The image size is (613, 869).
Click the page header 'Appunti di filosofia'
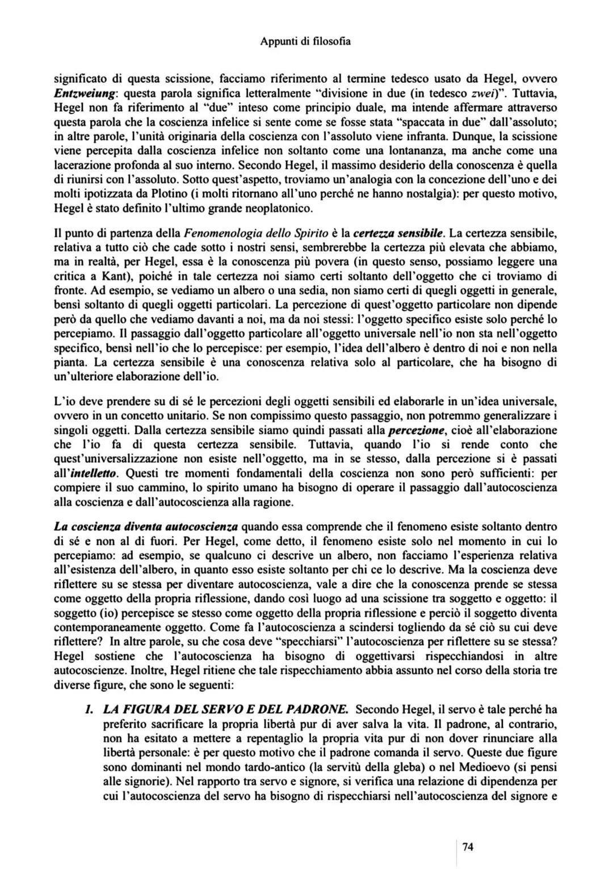tap(305, 41)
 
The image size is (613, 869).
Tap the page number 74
tap(468, 847)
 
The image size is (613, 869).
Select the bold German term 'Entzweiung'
tap(85, 92)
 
